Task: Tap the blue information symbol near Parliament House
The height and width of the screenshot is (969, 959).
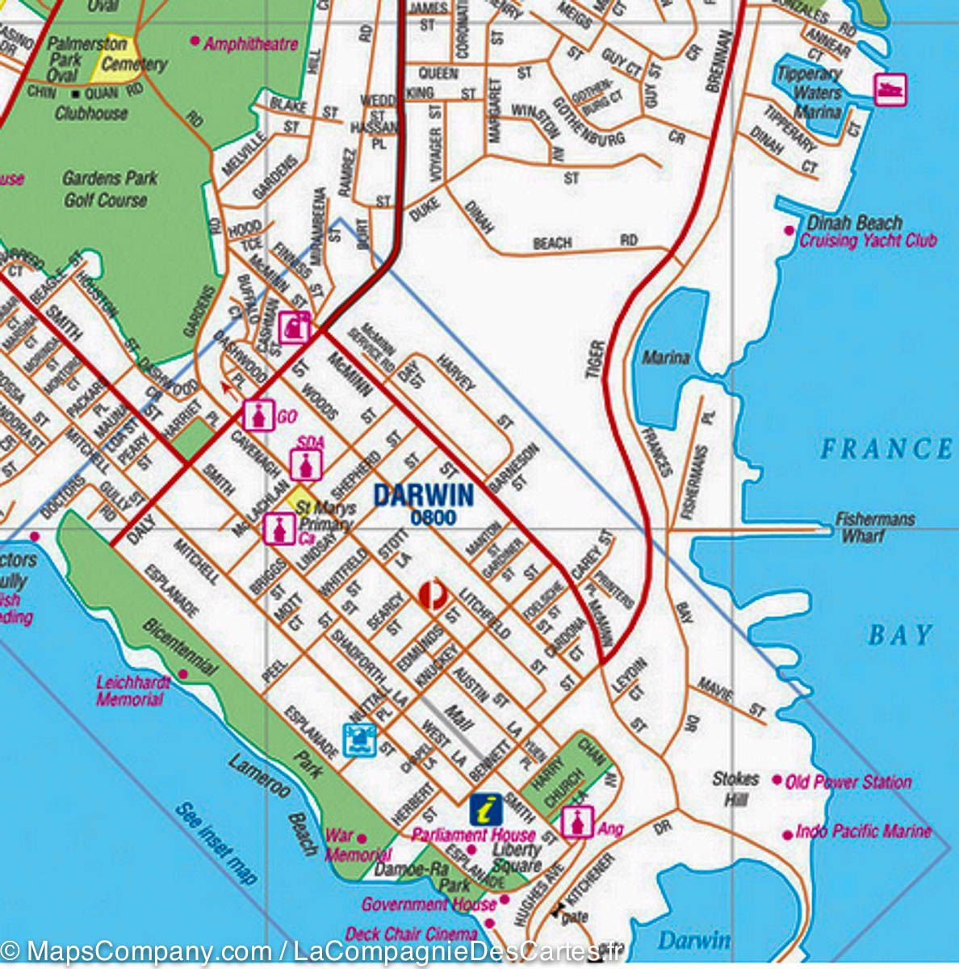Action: [x=486, y=807]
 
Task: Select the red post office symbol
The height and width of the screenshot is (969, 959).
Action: [x=433, y=595]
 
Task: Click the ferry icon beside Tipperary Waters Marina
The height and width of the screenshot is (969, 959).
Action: [x=890, y=89]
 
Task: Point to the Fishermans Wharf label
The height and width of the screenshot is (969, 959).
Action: [x=874, y=526]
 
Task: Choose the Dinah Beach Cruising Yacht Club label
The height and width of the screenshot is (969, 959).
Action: [x=865, y=232]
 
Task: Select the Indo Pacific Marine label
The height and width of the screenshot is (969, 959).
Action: [x=862, y=831]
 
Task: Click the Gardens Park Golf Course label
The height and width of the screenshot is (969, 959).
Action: [x=109, y=189]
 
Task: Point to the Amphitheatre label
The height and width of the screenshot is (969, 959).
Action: [x=250, y=44]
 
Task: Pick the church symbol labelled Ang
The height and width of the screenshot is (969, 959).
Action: [x=578, y=822]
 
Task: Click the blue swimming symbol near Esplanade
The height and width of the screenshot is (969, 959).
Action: [x=359, y=739]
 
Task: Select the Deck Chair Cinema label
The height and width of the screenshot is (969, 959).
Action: [x=410, y=934]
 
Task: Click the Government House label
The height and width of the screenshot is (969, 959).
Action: [x=428, y=904]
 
